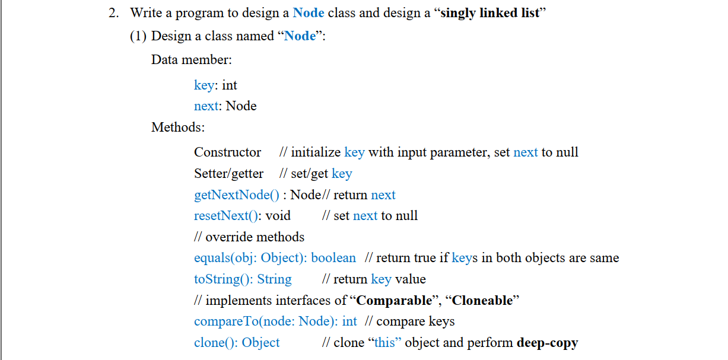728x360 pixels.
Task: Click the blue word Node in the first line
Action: pos(309,13)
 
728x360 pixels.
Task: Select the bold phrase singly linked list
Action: pos(491,13)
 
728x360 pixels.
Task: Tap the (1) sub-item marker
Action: pos(138,36)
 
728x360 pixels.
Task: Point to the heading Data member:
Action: pos(192,60)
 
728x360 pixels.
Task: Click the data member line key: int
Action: pos(215,85)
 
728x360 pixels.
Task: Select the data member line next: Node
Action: pos(225,106)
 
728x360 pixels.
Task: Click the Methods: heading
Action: pos(178,127)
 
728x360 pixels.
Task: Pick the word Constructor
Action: pos(227,152)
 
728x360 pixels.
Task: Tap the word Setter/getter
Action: pos(228,174)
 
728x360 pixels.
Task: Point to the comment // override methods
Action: pos(249,237)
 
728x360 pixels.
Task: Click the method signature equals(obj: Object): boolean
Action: pos(275,258)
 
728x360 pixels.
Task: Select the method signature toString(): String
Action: pos(243,279)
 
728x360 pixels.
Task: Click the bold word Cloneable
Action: pos(482,301)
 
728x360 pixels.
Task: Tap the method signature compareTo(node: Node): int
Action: pos(275,321)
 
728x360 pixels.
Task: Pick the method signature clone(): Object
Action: pos(237,343)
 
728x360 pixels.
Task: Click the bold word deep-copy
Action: pos(547,343)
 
